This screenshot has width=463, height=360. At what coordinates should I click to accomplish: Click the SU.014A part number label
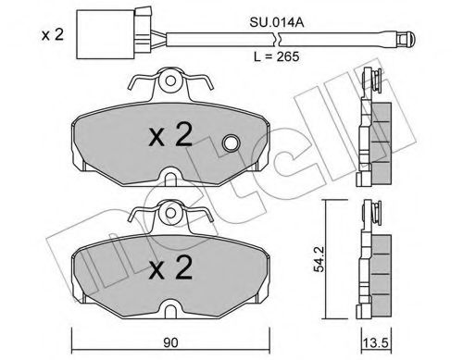[x=277, y=23]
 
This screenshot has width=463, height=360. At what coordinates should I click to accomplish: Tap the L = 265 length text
[x=276, y=56]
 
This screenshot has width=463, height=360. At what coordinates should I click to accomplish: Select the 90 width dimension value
[x=171, y=342]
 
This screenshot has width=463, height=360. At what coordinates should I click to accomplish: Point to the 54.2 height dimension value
[x=319, y=259]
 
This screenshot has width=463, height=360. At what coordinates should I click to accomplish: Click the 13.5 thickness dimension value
[x=376, y=343]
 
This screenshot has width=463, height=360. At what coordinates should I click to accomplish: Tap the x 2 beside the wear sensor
[x=53, y=34]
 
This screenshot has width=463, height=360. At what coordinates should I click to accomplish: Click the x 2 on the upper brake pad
[x=170, y=135]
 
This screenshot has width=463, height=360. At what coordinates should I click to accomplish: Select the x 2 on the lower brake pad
[x=170, y=268]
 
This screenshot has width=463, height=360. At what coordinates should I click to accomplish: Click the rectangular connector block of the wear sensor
[x=106, y=34]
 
